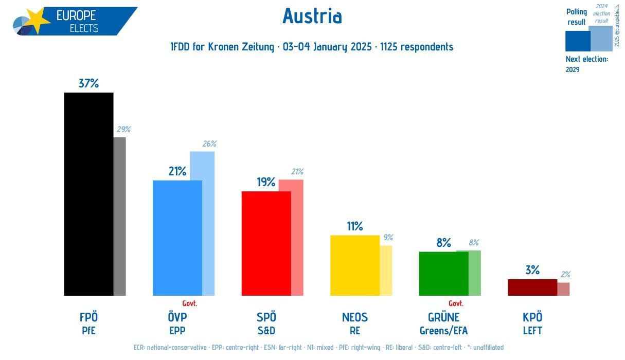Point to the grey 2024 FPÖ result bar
(x=120, y=216)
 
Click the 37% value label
(x=88, y=83)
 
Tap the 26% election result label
(x=209, y=144)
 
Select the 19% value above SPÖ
(x=266, y=183)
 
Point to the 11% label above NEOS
(x=355, y=226)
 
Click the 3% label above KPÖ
(x=532, y=270)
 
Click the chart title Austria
(x=312, y=16)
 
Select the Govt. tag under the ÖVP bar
(x=190, y=303)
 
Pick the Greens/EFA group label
(x=443, y=331)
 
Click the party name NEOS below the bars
(x=355, y=317)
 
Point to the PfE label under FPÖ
(x=88, y=331)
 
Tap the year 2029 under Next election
(x=573, y=69)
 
